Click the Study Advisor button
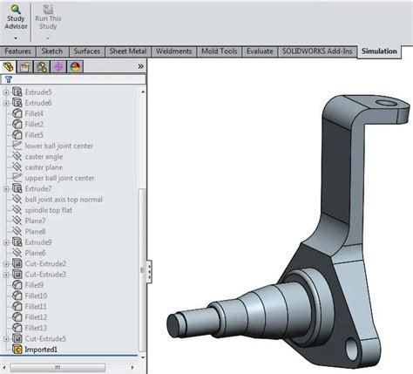pyautogui.click(x=16, y=17)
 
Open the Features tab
pyautogui.click(x=18, y=51)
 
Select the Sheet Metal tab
pyautogui.click(x=128, y=51)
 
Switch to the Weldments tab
pyautogui.click(x=173, y=51)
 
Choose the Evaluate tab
pyautogui.click(x=261, y=51)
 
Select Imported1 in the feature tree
pyautogui.click(x=41, y=349)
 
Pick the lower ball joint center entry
pyautogui.click(x=59, y=146)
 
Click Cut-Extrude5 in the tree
pyautogui.click(x=45, y=338)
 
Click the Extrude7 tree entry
pyautogui.click(x=38, y=188)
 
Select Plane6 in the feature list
pyautogui.click(x=36, y=253)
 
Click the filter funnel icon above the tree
pyautogui.click(x=8, y=78)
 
